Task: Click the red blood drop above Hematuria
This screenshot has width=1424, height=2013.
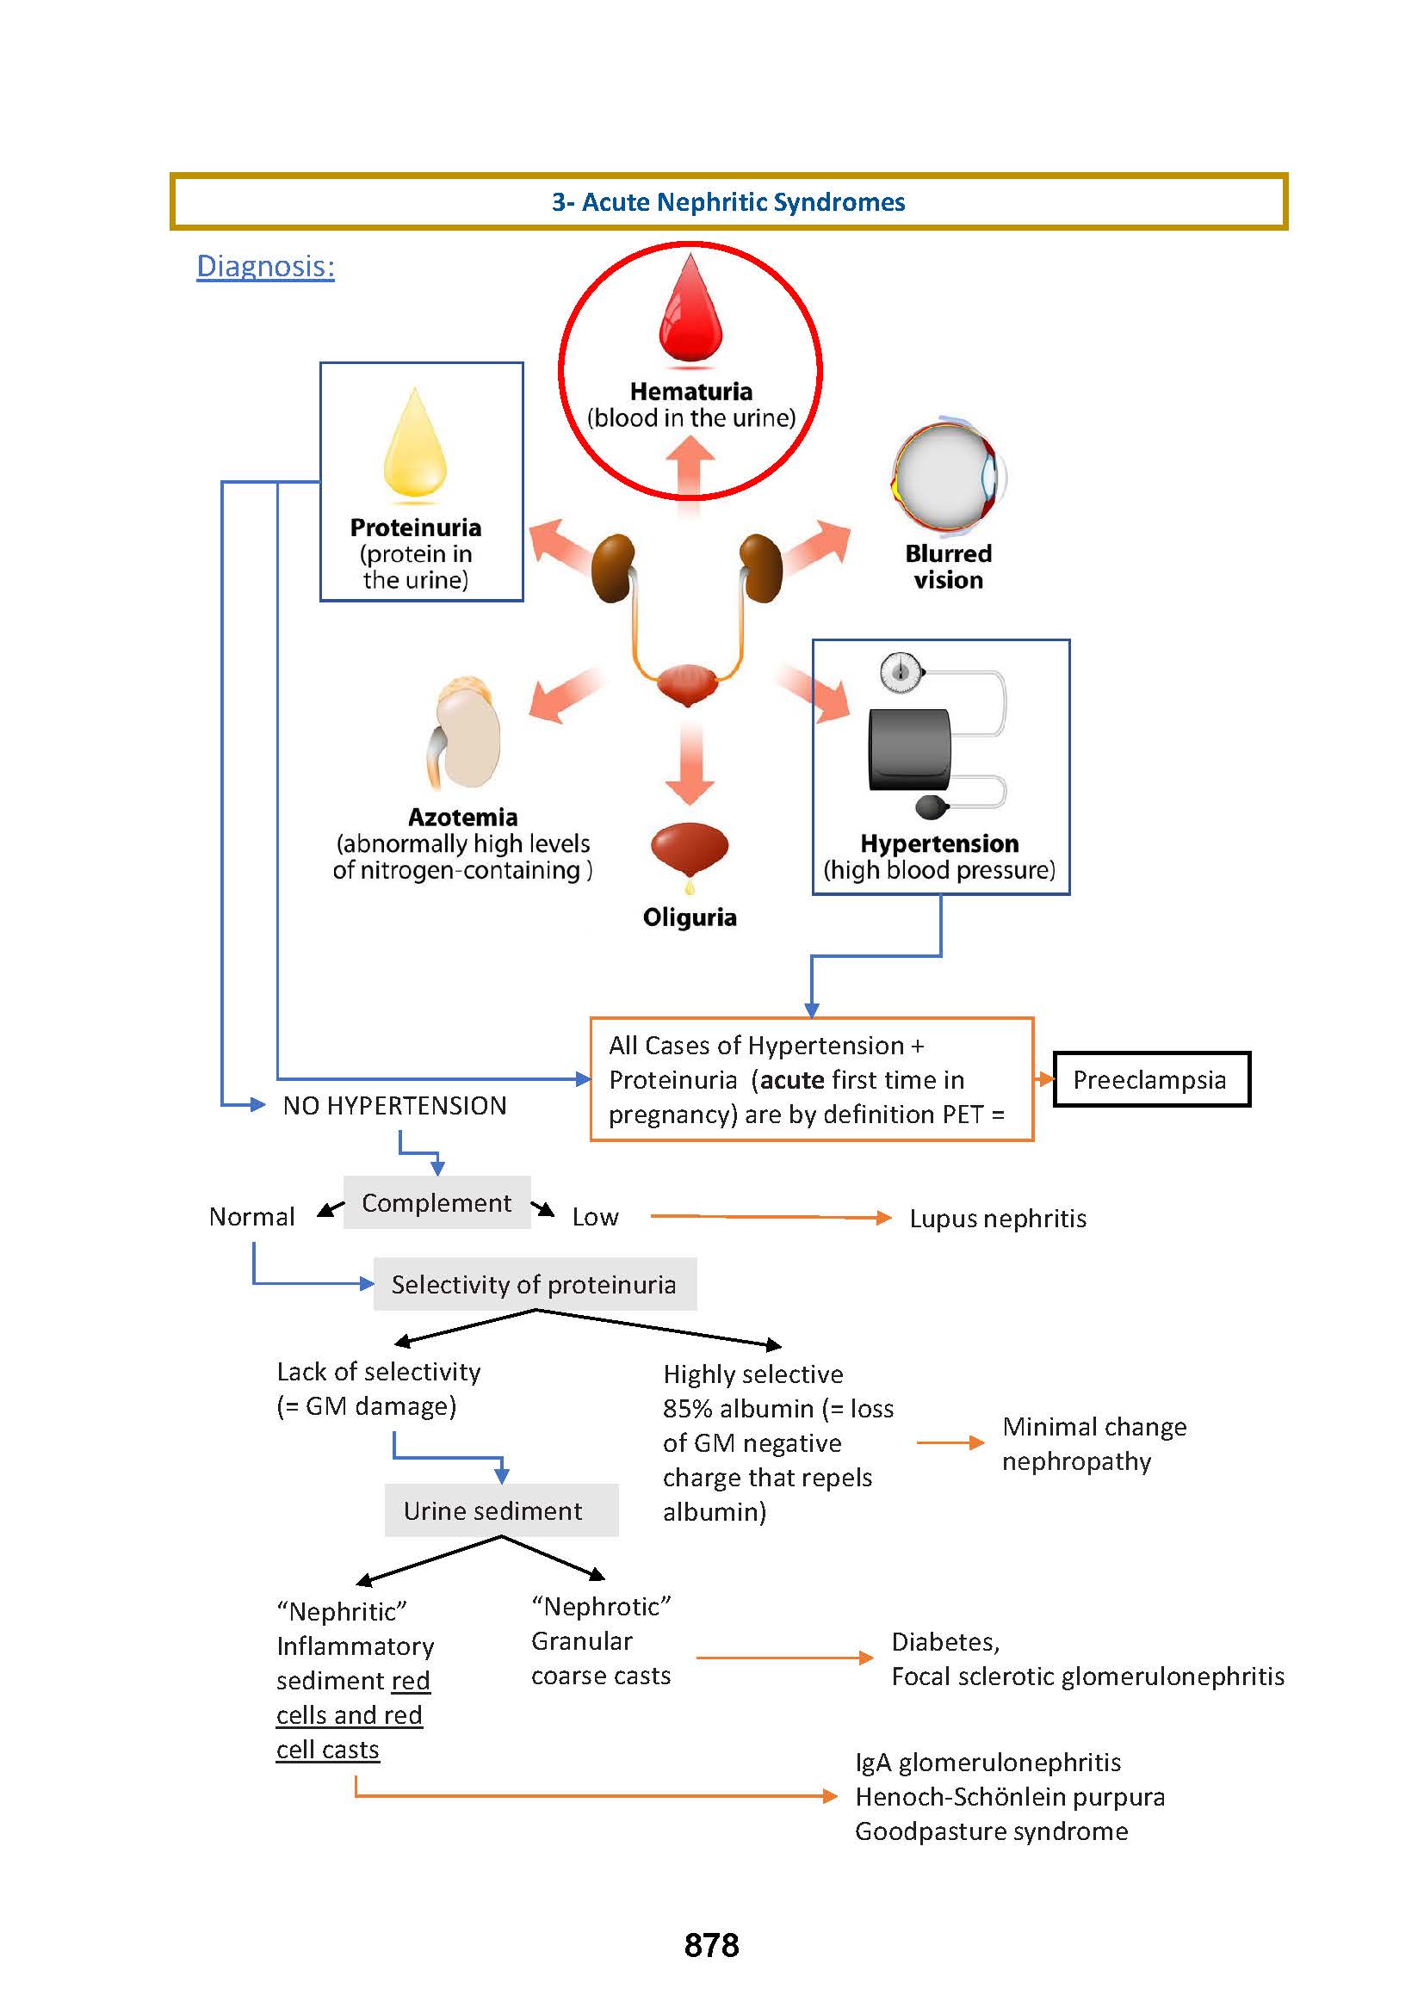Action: coord(691,312)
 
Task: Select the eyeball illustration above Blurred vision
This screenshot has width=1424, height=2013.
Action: coord(947,477)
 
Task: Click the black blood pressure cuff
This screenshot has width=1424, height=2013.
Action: coord(909,750)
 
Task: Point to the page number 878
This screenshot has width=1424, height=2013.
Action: coord(711,1945)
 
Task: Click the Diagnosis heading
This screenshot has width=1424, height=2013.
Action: coord(265,266)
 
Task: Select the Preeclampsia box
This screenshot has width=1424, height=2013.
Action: coord(1150,1079)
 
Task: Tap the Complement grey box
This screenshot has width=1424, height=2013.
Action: coord(436,1202)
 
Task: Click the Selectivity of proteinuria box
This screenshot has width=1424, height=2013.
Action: coord(534,1284)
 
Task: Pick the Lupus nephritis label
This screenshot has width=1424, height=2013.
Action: coord(998,1219)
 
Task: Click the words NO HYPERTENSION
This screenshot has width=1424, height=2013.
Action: coord(394,1106)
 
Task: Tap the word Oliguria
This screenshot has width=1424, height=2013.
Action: coord(690,917)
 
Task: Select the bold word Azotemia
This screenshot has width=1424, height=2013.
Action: coord(463,817)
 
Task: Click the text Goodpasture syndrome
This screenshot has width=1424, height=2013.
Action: coord(991,1831)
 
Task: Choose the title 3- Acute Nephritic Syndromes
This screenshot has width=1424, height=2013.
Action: coord(727,202)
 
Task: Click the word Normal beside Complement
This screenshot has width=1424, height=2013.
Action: coord(251,1217)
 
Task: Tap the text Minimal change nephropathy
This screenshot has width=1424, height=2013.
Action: coord(1093,1443)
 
